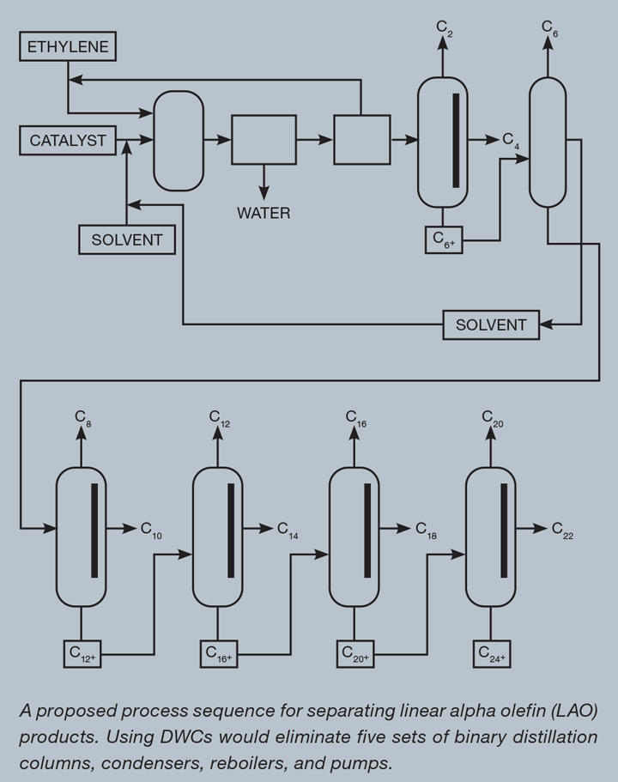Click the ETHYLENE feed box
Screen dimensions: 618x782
tap(68, 46)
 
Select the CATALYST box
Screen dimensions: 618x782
tap(68, 140)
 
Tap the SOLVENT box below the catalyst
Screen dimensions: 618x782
tap(127, 239)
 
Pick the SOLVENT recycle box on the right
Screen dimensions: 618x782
tap(491, 324)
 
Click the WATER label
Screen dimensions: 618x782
tap(264, 213)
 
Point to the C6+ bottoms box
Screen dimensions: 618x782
tap(444, 239)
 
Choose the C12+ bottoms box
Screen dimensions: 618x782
tap(82, 654)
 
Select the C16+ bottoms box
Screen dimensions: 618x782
tap(219, 654)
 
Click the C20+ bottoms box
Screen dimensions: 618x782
tap(355, 654)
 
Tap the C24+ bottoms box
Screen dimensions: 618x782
tap(492, 654)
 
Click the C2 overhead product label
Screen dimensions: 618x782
tap(445, 28)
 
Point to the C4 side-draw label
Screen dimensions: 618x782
tap(511, 141)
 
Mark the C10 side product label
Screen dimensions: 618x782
tap(151, 530)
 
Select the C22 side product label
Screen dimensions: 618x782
tap(562, 530)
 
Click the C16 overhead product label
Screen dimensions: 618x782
tap(356, 418)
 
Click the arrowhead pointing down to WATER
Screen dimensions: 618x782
tap(264, 192)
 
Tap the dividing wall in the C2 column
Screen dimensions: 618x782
tap(456, 141)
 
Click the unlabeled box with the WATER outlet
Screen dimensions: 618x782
tap(264, 140)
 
